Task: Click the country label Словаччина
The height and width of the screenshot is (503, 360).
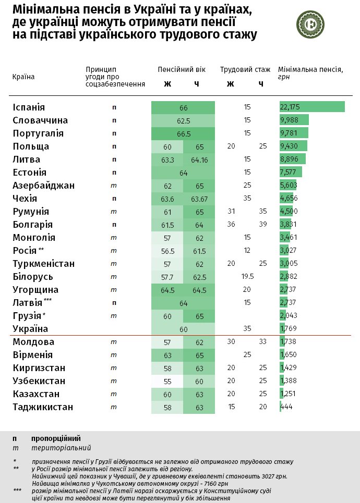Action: click(40, 120)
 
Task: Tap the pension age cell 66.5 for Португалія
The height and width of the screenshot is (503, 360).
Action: click(183, 133)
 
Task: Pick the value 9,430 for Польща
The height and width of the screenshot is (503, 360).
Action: click(290, 146)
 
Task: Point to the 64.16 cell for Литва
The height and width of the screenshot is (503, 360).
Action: click(199, 160)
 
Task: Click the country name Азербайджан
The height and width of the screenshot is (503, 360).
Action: click(43, 186)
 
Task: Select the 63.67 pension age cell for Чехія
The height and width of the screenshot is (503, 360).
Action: click(199, 199)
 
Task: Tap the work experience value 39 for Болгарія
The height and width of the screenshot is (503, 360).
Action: click(262, 225)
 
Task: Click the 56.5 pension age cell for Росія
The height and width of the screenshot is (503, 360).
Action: click(167, 251)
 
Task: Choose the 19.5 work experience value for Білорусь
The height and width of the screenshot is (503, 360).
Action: click(247, 277)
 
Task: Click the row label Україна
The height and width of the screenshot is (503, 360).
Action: click(30, 329)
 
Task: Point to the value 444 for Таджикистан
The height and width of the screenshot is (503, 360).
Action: click(286, 407)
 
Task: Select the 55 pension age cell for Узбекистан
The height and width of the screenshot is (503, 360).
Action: click(167, 381)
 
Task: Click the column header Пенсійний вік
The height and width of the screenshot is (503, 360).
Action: click(182, 69)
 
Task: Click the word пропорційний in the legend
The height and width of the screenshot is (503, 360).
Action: click(56, 438)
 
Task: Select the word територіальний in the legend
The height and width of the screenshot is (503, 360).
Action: click(61, 448)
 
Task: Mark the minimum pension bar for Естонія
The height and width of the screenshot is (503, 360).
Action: click(291, 173)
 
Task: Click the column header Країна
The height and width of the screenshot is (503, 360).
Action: click(23, 77)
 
